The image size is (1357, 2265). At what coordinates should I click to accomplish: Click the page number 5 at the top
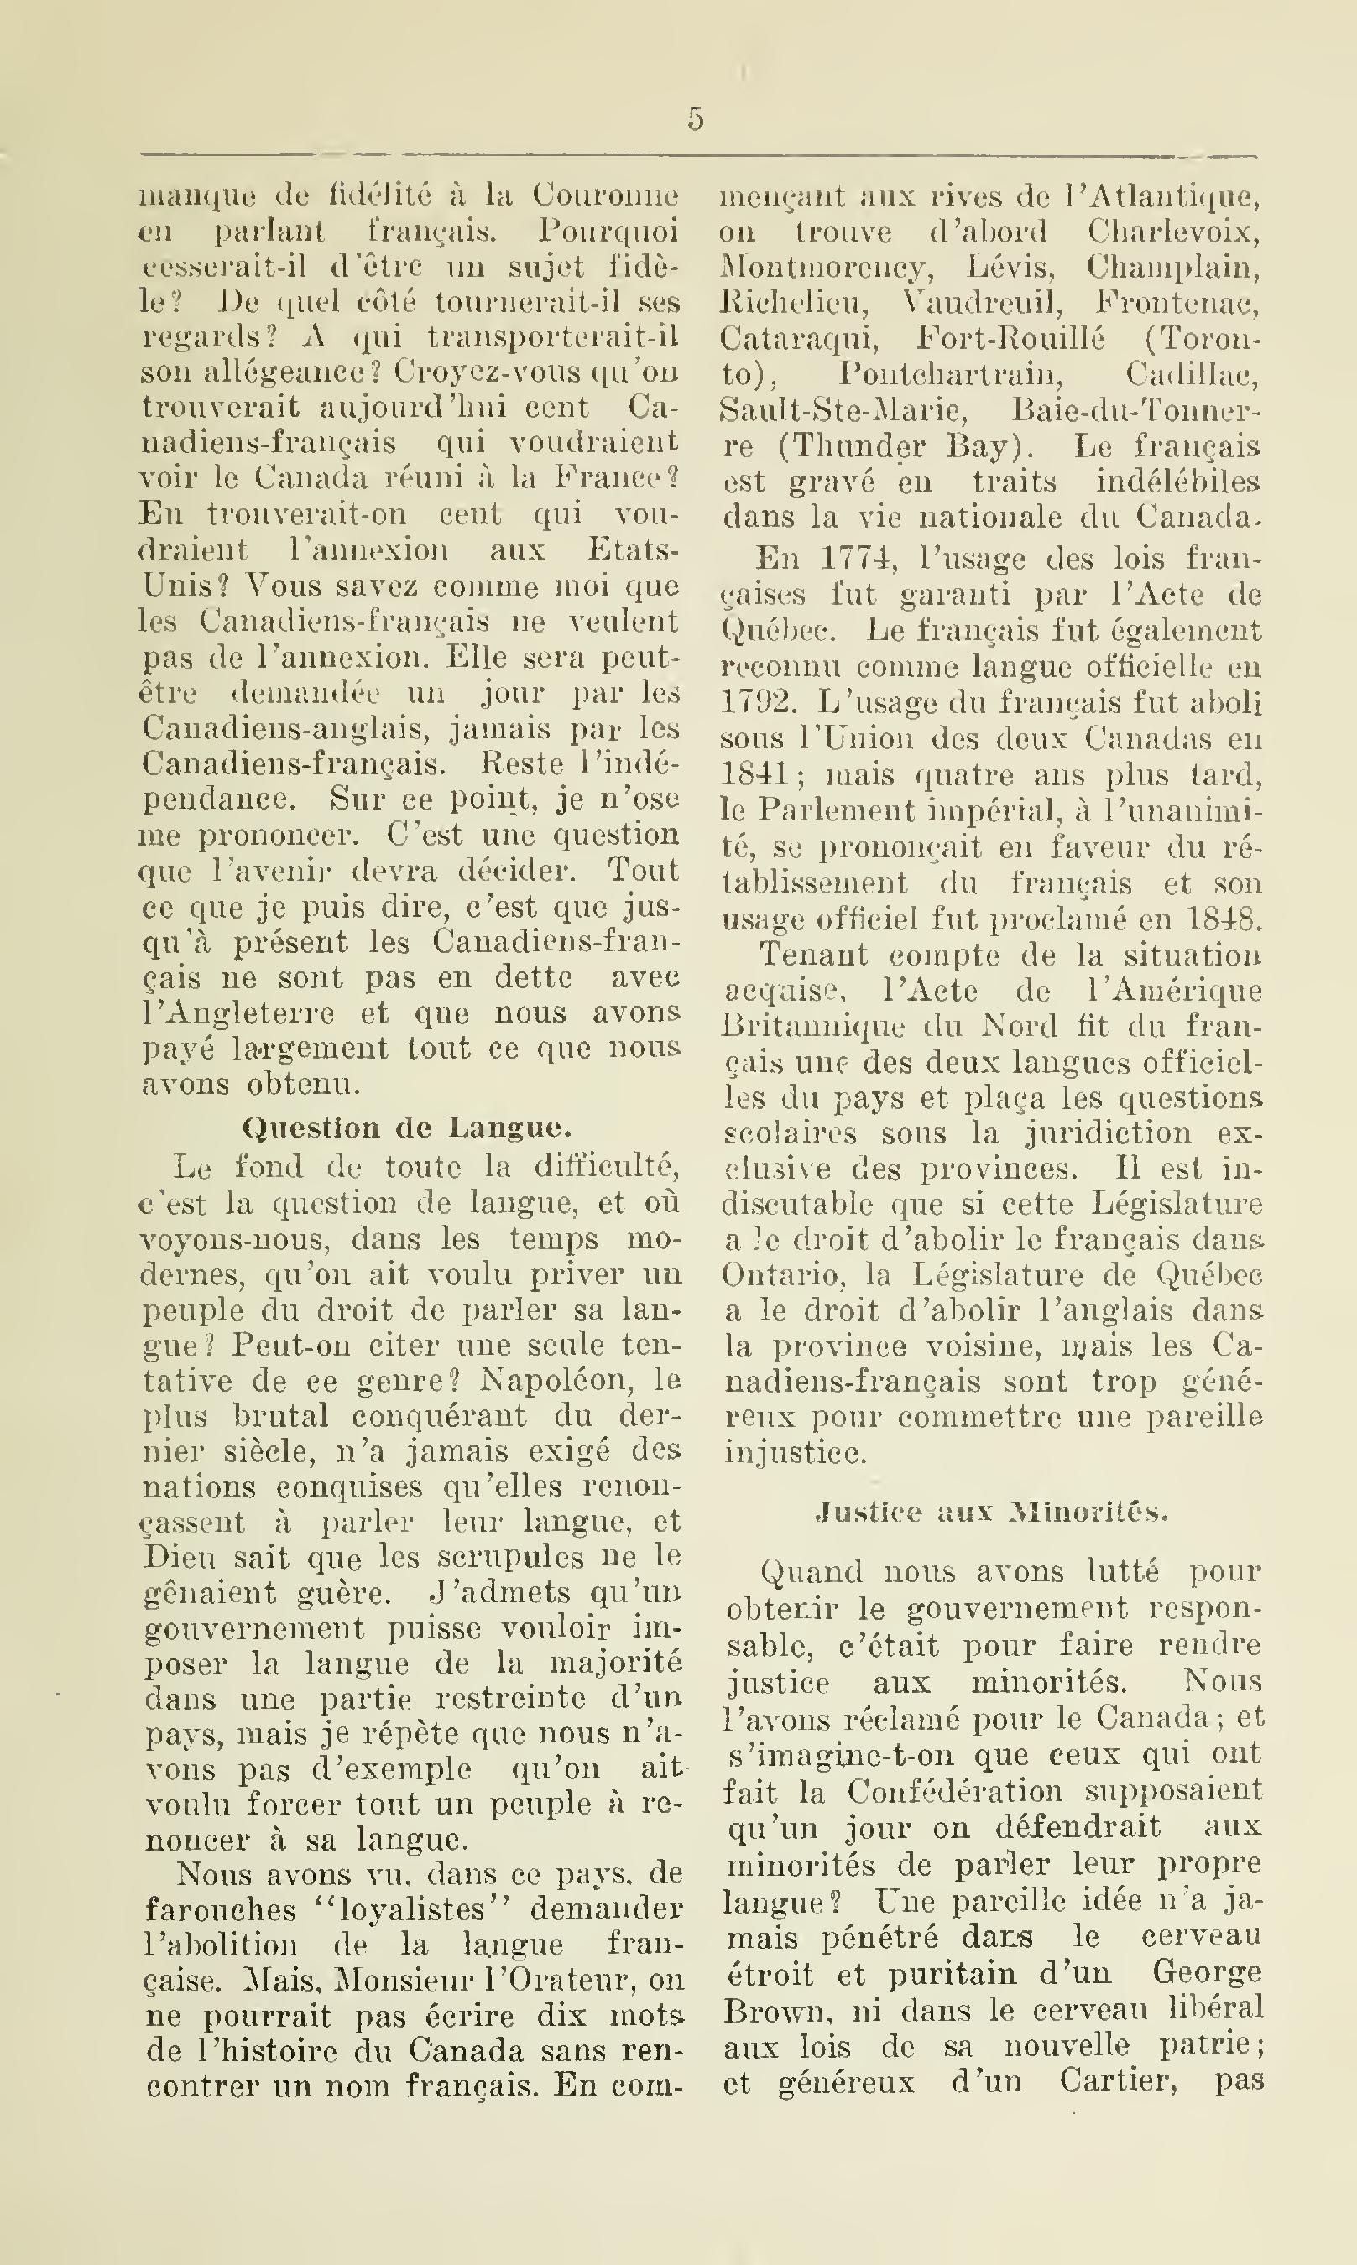point(696,121)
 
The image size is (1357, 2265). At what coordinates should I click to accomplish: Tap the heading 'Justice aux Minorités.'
point(991,1512)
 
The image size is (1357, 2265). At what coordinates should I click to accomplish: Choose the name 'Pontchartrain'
point(946,375)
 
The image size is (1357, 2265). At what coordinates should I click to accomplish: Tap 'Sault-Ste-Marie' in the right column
point(839,410)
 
